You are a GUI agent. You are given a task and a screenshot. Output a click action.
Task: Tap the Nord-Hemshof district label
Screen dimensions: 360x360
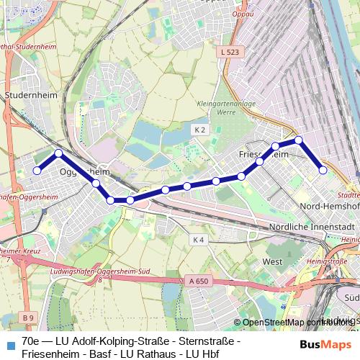pos(325,207)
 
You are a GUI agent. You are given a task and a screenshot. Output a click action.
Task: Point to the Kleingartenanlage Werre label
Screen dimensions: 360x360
pos(215,108)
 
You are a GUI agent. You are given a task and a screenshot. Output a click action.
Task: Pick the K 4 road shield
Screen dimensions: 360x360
pos(199,239)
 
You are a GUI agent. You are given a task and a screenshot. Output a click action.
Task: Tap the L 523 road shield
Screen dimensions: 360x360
pos(230,52)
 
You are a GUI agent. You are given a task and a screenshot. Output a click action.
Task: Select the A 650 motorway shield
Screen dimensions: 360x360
pos(197,280)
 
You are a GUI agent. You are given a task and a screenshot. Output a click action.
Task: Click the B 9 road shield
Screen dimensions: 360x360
pos(27,318)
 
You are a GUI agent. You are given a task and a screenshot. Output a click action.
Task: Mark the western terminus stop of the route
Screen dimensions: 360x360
pos(37,171)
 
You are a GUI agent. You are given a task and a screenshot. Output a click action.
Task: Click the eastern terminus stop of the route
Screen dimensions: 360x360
pos(323,170)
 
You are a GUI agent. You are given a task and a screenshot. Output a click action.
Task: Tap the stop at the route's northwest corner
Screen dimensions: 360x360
pos(59,153)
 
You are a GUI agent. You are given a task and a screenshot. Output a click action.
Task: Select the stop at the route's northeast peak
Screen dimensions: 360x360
pos(299,140)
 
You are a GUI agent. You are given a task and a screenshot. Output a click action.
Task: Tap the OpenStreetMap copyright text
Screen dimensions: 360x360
pos(295,323)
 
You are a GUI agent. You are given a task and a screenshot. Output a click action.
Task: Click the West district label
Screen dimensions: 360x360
pos(273,261)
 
